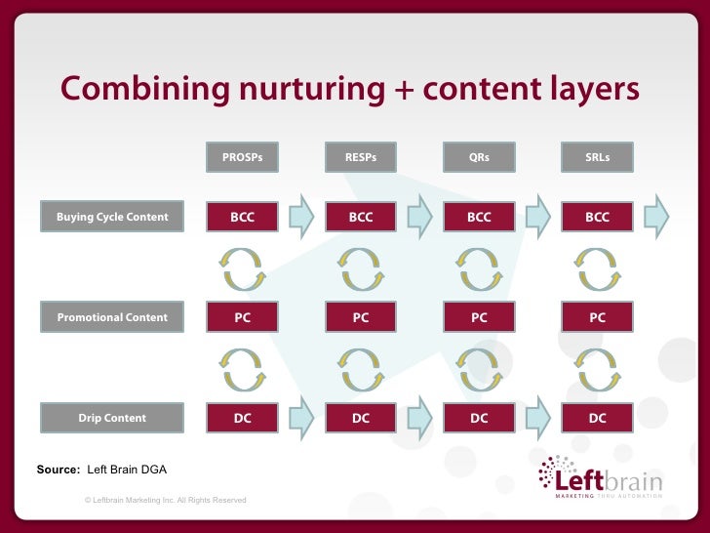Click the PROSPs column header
242,156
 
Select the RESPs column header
361,156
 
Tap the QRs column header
479,156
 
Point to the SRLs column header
597,156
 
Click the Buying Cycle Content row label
112,217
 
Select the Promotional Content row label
112,317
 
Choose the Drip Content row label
112,418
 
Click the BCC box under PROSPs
242,217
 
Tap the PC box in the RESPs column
361,317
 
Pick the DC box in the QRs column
479,418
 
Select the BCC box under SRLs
597,217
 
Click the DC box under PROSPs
242,418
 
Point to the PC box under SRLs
597,317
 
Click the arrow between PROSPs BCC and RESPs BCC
301,217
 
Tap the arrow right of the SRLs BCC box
657,217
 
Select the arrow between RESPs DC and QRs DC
419,418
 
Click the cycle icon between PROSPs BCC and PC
242,267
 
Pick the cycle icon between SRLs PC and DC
597,368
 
